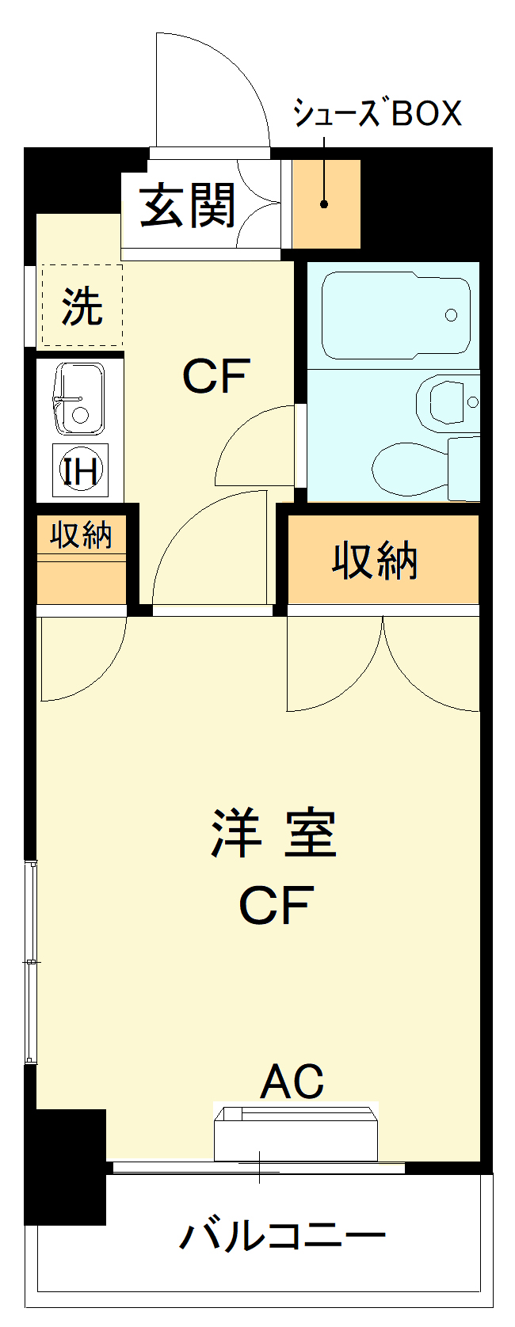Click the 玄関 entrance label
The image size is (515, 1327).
(x=187, y=206)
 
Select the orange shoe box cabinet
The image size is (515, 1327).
(x=326, y=203)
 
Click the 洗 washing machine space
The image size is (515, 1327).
(x=82, y=306)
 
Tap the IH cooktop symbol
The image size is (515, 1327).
(x=81, y=470)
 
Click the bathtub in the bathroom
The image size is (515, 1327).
(x=396, y=315)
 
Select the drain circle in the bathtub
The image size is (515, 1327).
(x=452, y=315)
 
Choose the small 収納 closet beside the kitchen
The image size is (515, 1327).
(x=81, y=560)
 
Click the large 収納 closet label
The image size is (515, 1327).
(x=375, y=560)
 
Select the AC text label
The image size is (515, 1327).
(x=293, y=1081)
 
